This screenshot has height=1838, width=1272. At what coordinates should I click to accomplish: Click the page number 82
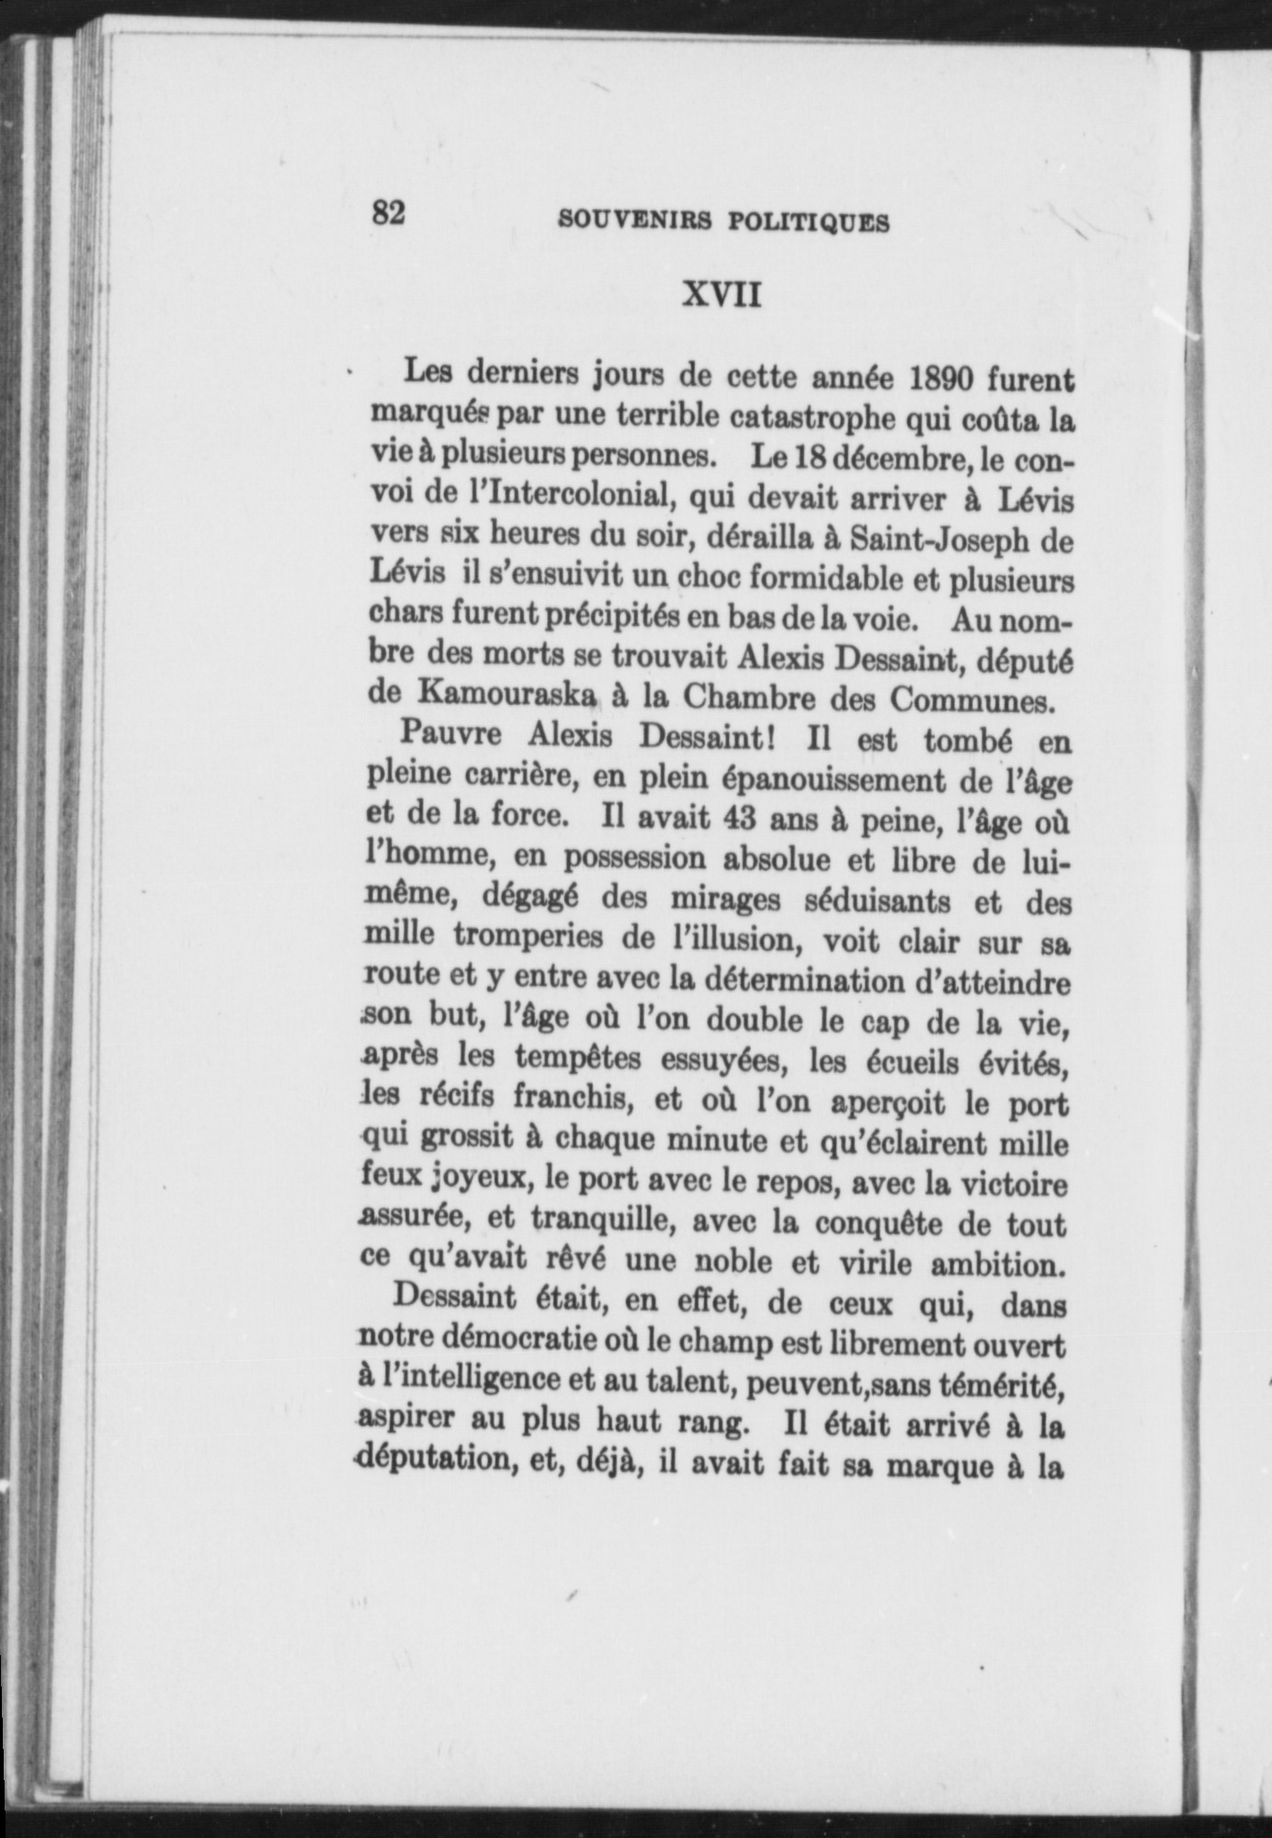pyautogui.click(x=388, y=213)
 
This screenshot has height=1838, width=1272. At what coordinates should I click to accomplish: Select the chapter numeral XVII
pyautogui.click(x=721, y=295)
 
